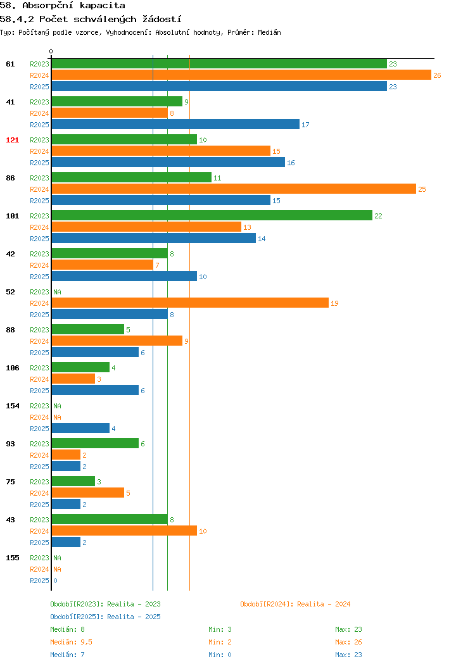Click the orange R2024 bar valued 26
pos(241,75)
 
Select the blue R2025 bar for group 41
pos(175,125)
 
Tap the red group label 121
pos(12,140)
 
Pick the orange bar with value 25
pos(234,189)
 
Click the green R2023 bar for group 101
pos(212,216)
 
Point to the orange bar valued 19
pos(190,303)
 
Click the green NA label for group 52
pos(58,292)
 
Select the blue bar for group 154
pos(80,428)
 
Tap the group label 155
pos(12,558)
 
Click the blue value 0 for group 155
pos(55,581)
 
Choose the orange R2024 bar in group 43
pos(124,531)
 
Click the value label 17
pos(305,125)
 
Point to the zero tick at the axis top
pos(51,51)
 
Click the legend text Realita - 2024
pos(324,604)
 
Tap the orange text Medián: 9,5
pos(72,642)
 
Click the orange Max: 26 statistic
pos(348,642)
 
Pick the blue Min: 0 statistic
pos(220,655)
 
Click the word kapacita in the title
pos(103,6)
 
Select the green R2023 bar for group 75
pos(73,481)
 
